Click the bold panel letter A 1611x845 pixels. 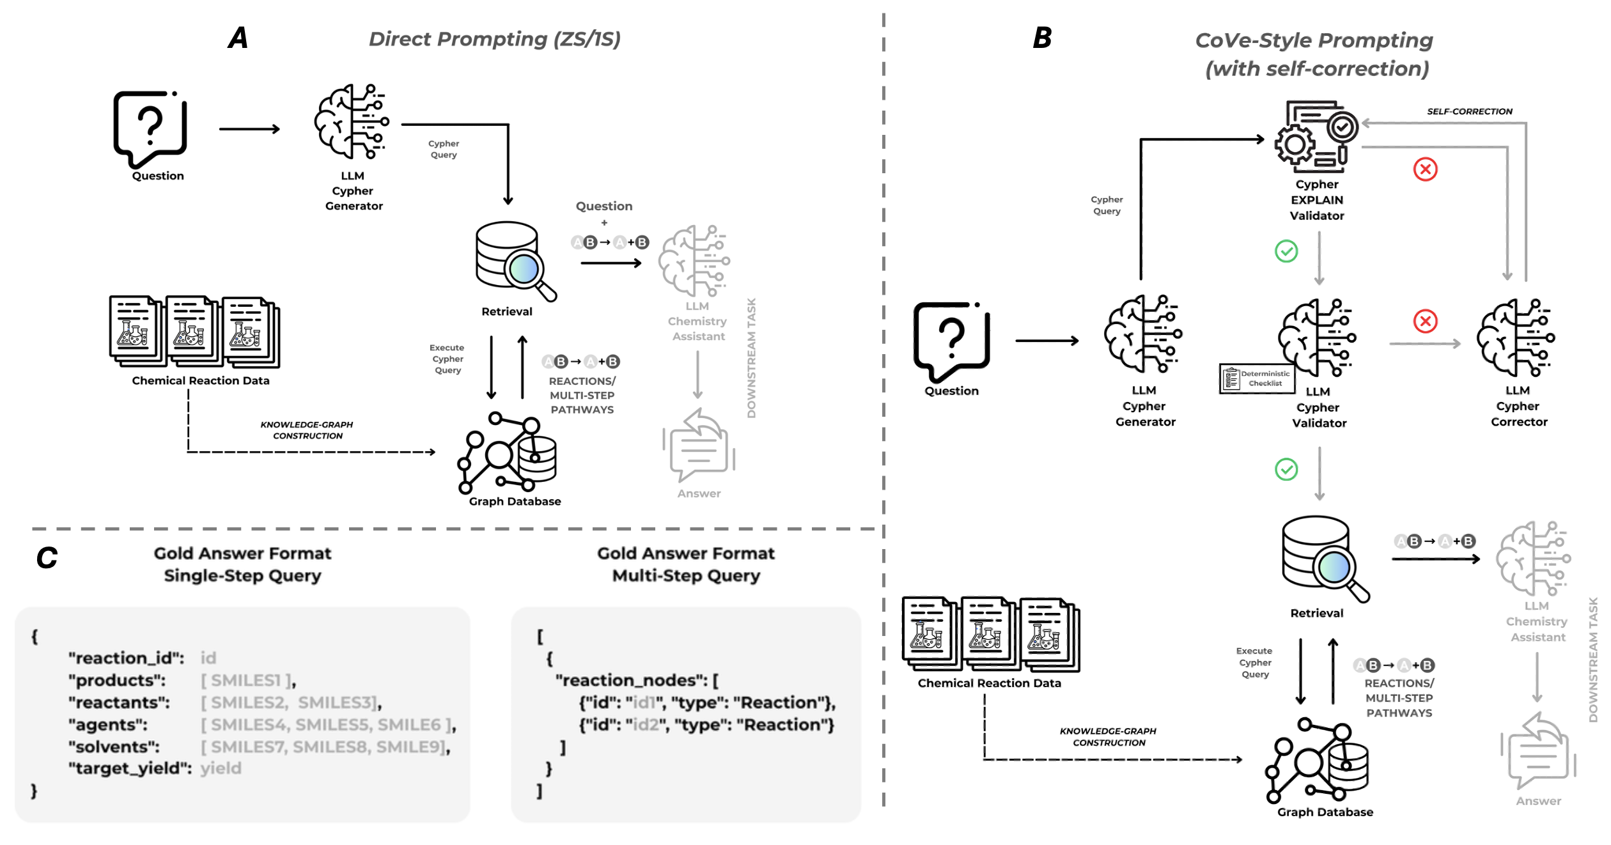238,38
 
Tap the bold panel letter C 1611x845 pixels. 47,558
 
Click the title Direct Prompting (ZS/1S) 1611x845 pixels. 494,39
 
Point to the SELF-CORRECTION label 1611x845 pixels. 1469,111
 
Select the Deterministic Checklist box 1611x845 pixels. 1257,379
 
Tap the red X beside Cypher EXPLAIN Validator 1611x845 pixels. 1425,169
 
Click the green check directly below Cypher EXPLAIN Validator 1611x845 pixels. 1286,251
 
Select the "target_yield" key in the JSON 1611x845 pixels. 130,768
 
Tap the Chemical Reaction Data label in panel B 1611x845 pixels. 989,683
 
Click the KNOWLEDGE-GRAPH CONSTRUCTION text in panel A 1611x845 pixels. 307,430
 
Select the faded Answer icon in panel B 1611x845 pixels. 1537,753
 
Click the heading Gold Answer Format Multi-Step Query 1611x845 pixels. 686,564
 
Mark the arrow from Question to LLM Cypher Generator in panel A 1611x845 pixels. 249,129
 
